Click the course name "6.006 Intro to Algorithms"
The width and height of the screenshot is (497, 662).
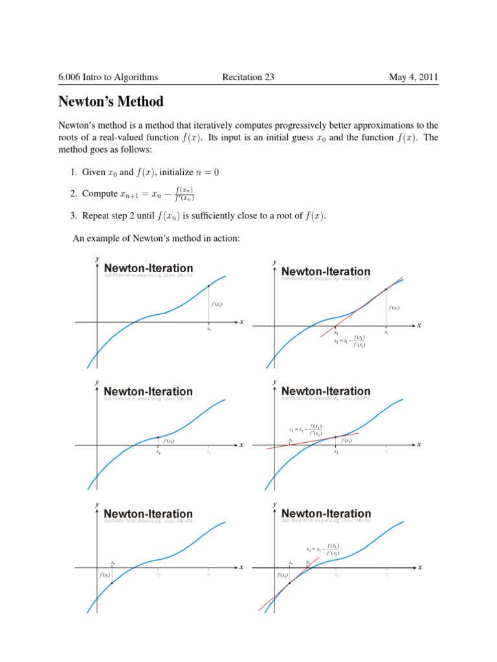(108, 78)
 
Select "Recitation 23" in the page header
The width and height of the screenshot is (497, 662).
(248, 78)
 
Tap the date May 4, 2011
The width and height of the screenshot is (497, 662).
(413, 78)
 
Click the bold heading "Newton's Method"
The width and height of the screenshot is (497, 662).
(111, 102)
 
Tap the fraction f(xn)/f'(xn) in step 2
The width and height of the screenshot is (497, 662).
(184, 194)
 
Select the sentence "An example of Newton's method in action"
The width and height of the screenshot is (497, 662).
(156, 239)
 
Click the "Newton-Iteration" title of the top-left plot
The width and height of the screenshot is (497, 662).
(148, 268)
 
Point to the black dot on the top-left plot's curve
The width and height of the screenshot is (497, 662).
(208, 286)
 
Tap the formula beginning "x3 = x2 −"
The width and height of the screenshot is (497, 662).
(307, 429)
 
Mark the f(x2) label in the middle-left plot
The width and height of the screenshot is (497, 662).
(169, 441)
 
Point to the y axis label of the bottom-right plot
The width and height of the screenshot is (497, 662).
(274, 504)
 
